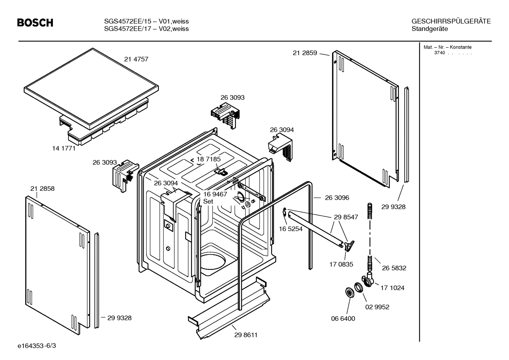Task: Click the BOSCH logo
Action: click(35, 23)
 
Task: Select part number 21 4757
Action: click(136, 59)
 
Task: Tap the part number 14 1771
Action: click(64, 148)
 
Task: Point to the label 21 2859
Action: click(305, 53)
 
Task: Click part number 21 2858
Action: click(42, 189)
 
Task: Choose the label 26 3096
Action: click(337, 198)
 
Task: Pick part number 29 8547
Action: click(346, 217)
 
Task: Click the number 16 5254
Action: click(291, 229)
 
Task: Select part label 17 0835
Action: click(341, 264)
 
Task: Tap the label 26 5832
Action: click(394, 268)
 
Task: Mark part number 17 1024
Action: click(392, 288)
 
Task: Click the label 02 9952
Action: click(377, 307)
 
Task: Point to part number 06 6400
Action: click(343, 319)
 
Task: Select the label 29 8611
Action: click(246, 335)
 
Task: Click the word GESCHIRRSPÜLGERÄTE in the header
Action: click(451, 21)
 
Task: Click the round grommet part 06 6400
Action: click(349, 293)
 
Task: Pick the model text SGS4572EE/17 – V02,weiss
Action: click(146, 29)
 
